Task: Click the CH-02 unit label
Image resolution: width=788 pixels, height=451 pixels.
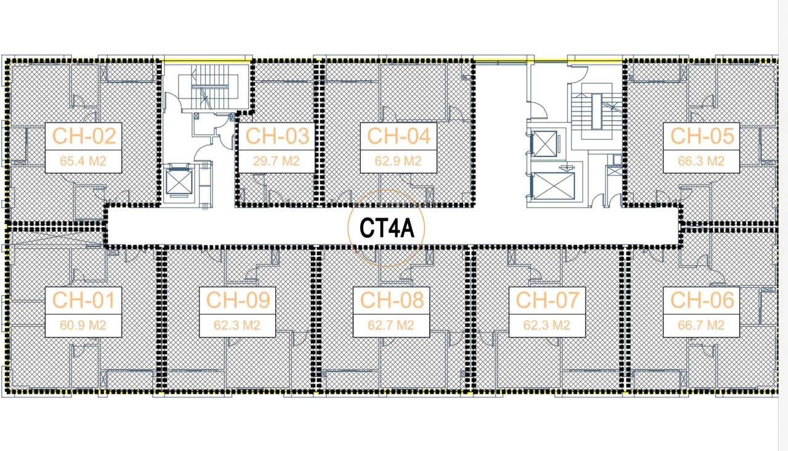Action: (x=84, y=136)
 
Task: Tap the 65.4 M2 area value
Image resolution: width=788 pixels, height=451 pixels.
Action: (x=84, y=161)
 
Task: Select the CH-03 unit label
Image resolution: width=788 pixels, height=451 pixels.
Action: (x=276, y=136)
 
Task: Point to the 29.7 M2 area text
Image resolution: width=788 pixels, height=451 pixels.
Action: (x=276, y=161)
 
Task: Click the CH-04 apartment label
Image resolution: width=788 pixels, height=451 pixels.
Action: (x=399, y=136)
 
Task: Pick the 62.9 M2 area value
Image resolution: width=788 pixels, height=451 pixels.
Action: (x=399, y=161)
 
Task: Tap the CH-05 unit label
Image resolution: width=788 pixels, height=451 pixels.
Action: (x=702, y=136)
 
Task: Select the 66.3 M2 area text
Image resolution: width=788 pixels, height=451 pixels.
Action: (x=702, y=161)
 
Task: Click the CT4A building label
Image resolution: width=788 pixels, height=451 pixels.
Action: (x=385, y=229)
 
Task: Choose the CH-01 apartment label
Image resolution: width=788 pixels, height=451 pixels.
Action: (x=84, y=300)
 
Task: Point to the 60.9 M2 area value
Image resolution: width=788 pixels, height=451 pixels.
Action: (x=84, y=325)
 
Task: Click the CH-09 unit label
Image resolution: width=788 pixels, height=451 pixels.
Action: (x=238, y=300)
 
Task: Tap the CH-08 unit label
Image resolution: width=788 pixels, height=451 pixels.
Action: (x=392, y=300)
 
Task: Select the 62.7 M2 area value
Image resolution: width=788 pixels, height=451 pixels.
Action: (x=392, y=325)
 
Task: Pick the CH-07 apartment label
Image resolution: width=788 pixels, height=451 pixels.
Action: (x=547, y=300)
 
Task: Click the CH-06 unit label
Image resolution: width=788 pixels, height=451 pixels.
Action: (x=702, y=300)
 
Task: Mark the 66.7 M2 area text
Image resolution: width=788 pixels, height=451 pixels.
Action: (x=702, y=325)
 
